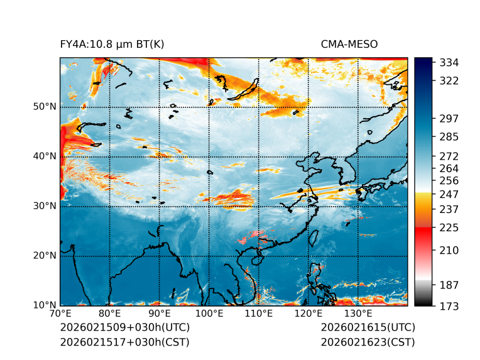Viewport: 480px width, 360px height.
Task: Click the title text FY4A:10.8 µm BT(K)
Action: (x=112, y=44)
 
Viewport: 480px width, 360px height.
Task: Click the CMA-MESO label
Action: (x=349, y=44)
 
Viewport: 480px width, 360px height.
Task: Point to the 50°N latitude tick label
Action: (x=45, y=107)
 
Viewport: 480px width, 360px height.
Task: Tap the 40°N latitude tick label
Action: (x=45, y=156)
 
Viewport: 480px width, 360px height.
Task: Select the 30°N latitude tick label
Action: (x=45, y=206)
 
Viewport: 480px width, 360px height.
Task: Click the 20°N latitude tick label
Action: (x=45, y=256)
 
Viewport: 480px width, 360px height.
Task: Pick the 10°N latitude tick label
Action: (x=45, y=305)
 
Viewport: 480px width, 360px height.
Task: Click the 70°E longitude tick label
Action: (x=60, y=314)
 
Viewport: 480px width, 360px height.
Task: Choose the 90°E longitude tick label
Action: (x=159, y=314)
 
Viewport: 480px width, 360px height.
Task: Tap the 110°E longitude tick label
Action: (x=258, y=314)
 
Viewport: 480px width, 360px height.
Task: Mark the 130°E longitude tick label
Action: (x=357, y=314)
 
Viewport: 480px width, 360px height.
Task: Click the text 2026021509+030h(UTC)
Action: (x=124, y=328)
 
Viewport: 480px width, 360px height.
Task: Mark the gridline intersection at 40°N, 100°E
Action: (x=209, y=156)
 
